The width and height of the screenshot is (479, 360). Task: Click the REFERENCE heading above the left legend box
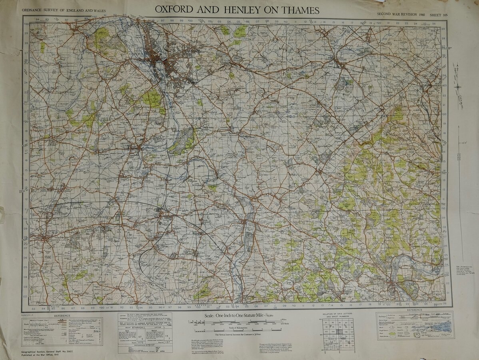point(62,316)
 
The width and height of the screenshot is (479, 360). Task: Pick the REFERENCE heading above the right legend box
point(414,310)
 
